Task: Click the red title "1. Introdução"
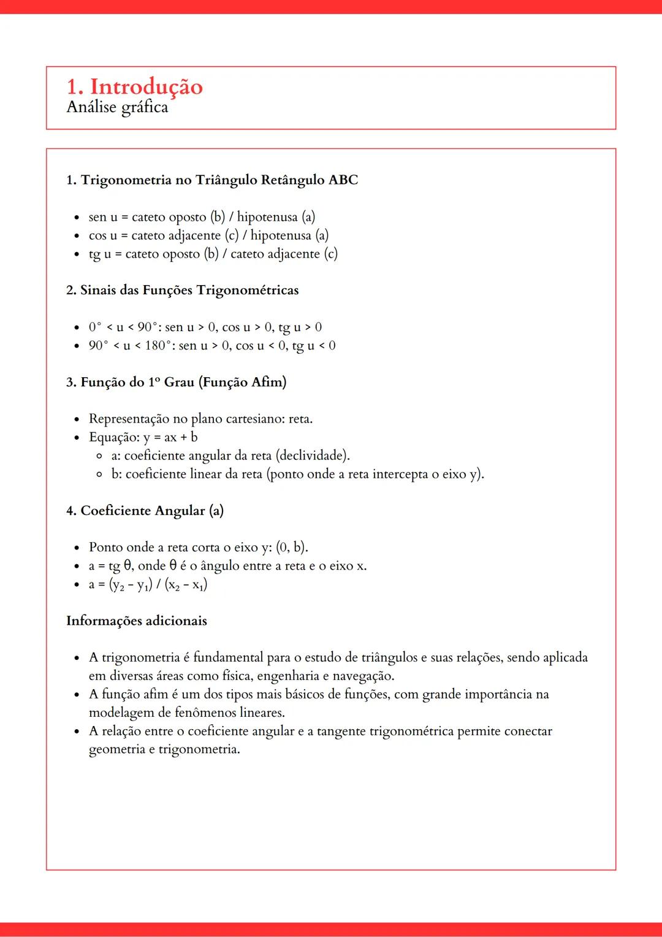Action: coord(134,86)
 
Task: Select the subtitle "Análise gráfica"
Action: coord(117,107)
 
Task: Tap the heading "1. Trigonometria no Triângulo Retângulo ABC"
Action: coord(212,180)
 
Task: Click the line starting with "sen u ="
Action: coord(202,217)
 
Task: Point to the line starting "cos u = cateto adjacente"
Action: coord(208,235)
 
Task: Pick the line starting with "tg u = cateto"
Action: coord(213,254)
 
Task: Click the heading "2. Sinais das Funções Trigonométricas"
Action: coord(183,291)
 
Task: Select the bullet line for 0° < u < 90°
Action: coord(205,327)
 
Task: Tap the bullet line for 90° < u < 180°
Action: coord(212,346)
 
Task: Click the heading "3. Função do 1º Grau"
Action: coord(177,382)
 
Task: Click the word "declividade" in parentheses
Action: coord(312,456)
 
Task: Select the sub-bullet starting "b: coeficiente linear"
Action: coord(297,474)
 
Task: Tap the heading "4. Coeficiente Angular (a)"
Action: coord(145,511)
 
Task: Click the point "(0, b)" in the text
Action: coord(291,547)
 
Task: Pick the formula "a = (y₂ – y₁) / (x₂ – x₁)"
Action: coord(148,584)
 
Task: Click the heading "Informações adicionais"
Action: coord(137,621)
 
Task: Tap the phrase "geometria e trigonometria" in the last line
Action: coord(164,749)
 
